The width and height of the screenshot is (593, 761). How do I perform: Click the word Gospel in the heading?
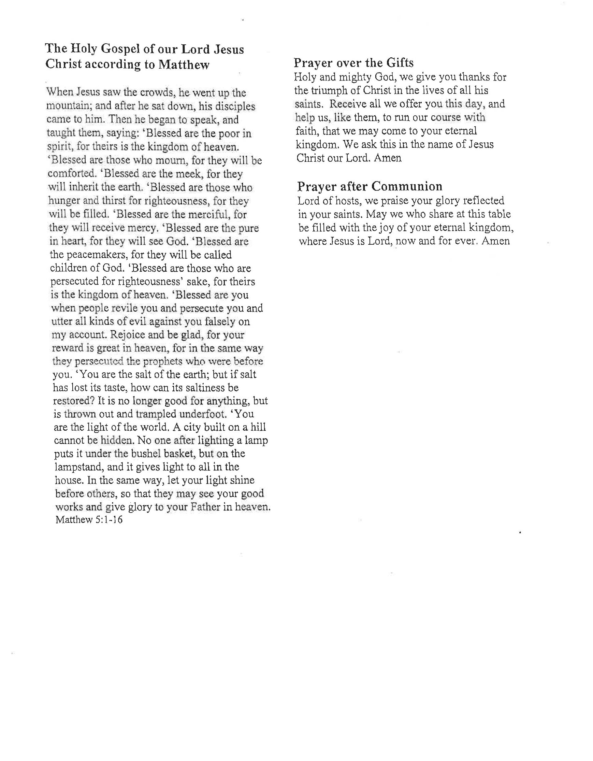click(120, 49)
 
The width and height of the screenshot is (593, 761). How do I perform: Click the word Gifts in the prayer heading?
click(400, 63)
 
